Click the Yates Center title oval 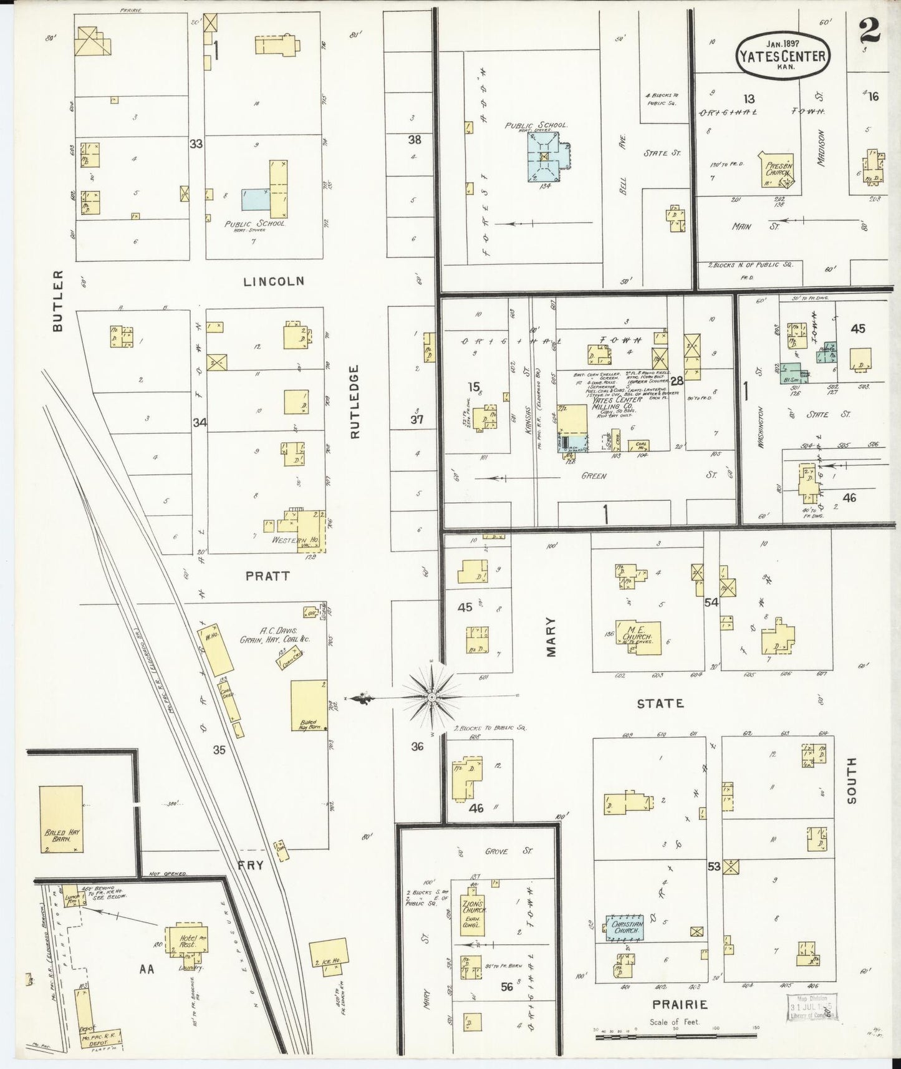pyautogui.click(x=783, y=56)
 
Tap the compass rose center pyautogui.click(x=431, y=695)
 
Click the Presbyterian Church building pyautogui.click(x=776, y=170)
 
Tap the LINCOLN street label pyautogui.click(x=274, y=281)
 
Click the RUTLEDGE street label pyautogui.click(x=355, y=402)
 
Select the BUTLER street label pyautogui.click(x=58, y=301)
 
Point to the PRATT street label pyautogui.click(x=267, y=576)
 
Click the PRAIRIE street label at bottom pyautogui.click(x=680, y=1004)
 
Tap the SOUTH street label pyautogui.click(x=852, y=781)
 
